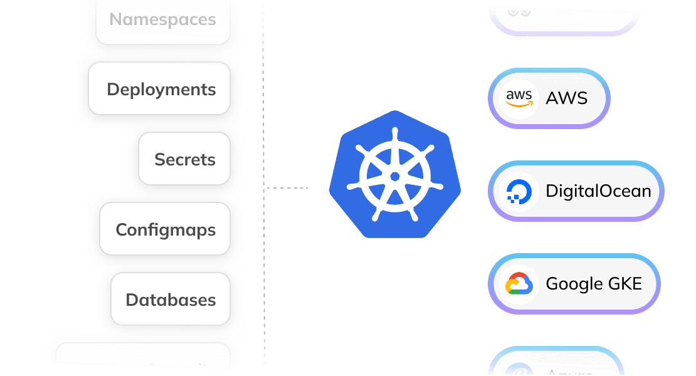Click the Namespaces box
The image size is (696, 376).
pyautogui.click(x=163, y=20)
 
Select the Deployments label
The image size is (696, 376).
pyautogui.click(x=161, y=90)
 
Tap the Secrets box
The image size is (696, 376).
pyautogui.click(x=184, y=160)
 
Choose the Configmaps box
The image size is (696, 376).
pyautogui.click(x=165, y=230)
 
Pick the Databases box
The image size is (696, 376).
pyautogui.click(x=170, y=300)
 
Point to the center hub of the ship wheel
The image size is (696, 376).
pyautogui.click(x=395, y=176)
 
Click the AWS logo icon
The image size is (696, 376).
pyautogui.click(x=519, y=98)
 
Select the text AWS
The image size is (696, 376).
pyautogui.click(x=566, y=98)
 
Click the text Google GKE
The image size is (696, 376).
pyautogui.click(x=594, y=284)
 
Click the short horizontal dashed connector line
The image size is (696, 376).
pyautogui.click(x=287, y=187)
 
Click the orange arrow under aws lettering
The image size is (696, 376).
pyautogui.click(x=519, y=105)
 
